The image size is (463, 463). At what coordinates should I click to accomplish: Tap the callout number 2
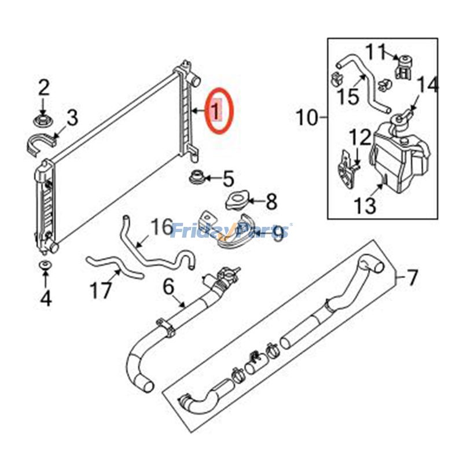tap(44, 89)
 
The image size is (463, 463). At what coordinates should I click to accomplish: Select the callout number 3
tap(72, 118)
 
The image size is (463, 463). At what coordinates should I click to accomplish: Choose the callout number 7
tap(411, 279)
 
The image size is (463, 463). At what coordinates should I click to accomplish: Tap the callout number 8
tap(271, 202)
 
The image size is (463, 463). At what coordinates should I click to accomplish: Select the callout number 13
tap(366, 204)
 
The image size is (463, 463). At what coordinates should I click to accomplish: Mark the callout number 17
tap(101, 290)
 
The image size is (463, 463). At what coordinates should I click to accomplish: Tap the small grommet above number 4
tap(45, 266)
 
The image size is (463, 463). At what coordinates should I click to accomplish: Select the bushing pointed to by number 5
tap(194, 175)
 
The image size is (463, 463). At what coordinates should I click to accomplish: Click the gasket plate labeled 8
tap(236, 201)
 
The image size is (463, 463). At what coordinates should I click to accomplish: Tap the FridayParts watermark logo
tap(231, 232)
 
